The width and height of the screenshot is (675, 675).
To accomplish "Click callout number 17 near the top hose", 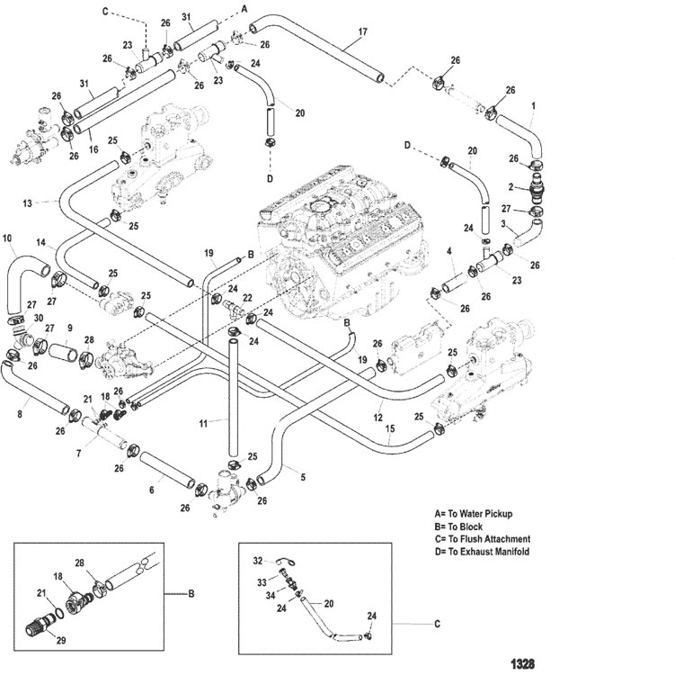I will pos(362,32).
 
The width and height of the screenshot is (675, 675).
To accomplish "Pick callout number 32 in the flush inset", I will pos(257,560).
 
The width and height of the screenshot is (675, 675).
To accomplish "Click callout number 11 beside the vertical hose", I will pos(203,422).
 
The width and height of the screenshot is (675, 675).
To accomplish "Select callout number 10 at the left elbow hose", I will pos(7,238).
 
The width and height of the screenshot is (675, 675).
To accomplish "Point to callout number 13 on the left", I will pos(27,203).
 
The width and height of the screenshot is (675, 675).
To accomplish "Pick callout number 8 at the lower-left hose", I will pos(20,415).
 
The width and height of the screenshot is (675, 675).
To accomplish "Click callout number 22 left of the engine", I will pos(246,298).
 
